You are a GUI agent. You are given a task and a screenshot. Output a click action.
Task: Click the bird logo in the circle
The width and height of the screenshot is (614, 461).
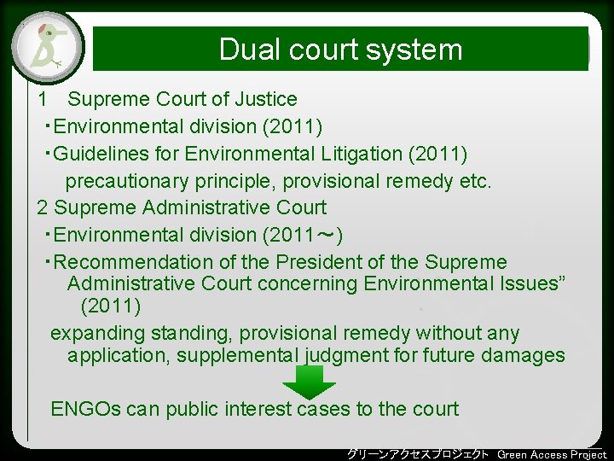pyautogui.click(x=48, y=46)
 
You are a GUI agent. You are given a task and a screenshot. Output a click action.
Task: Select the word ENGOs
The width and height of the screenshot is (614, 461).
pyautogui.click(x=86, y=409)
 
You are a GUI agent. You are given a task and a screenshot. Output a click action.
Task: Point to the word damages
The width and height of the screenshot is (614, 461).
pyautogui.click(x=526, y=355)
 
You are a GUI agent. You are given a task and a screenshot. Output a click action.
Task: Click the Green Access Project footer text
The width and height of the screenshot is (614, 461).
pyautogui.click(x=552, y=454)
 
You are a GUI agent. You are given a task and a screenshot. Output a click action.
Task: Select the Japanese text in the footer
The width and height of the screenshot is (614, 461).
pyautogui.click(x=418, y=454)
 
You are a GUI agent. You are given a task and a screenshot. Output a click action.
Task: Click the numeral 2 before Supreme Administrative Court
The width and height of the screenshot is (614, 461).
pyautogui.click(x=43, y=207)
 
